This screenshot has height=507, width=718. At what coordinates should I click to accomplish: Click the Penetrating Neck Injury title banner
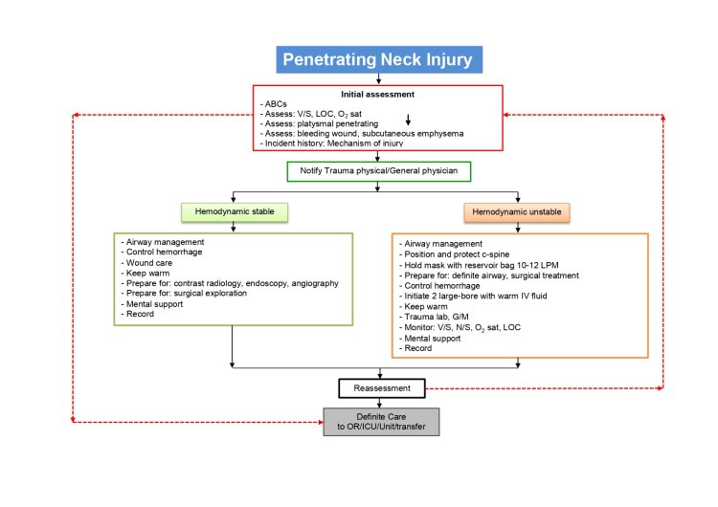377,59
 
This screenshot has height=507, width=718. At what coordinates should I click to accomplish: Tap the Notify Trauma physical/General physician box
380,172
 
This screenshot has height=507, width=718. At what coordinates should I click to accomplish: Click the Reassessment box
381,388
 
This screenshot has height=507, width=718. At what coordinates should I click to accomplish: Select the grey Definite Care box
381,422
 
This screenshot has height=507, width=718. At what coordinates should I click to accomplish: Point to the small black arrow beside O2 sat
408,119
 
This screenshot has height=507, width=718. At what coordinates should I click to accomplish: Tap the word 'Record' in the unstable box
421,348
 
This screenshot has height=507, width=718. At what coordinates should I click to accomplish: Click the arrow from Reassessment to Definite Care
381,403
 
